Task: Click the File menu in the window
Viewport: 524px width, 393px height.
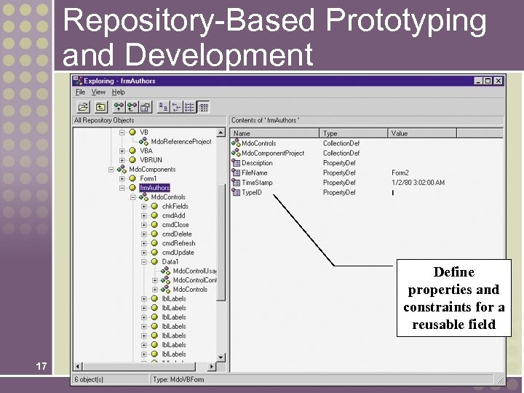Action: pyautogui.click(x=80, y=92)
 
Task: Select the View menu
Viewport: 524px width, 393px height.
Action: pyautogui.click(x=98, y=92)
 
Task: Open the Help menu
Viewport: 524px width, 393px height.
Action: pyautogui.click(x=118, y=92)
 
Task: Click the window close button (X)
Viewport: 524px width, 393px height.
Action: pyautogui.click(x=499, y=81)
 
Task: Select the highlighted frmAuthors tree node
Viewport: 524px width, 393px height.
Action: pyautogui.click(x=154, y=188)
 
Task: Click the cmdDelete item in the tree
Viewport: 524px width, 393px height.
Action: pyautogui.click(x=177, y=234)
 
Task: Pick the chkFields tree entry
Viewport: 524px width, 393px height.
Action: pyautogui.click(x=175, y=207)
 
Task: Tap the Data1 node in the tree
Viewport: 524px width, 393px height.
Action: pyautogui.click(x=170, y=262)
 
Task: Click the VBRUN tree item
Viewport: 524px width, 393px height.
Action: pyautogui.click(x=151, y=160)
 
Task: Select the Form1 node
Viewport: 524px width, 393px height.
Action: pyautogui.click(x=148, y=179)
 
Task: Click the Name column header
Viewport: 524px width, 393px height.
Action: pyautogui.click(x=242, y=133)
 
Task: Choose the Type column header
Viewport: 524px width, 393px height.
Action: pyautogui.click(x=330, y=133)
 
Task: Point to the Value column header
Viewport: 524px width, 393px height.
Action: pyautogui.click(x=400, y=133)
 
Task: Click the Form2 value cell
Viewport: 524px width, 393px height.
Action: pyautogui.click(x=401, y=173)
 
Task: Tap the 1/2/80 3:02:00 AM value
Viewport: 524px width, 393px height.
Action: pyautogui.click(x=418, y=183)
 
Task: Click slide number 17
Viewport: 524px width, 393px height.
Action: pyautogui.click(x=42, y=366)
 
